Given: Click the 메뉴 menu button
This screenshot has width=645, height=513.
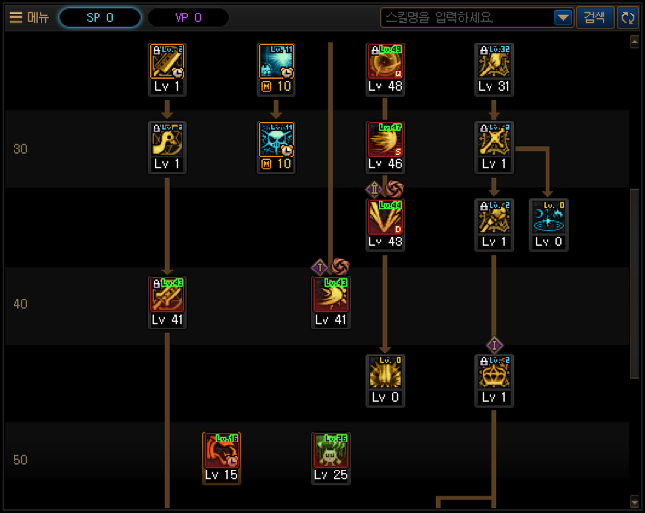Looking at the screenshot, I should click(x=29, y=17).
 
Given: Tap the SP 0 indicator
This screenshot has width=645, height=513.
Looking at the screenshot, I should click(x=99, y=17).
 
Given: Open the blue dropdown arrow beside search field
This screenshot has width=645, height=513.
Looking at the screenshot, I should click(x=563, y=17).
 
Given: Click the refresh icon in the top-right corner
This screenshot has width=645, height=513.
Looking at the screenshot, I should click(x=627, y=17).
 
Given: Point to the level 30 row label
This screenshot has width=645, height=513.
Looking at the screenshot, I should click(x=20, y=149).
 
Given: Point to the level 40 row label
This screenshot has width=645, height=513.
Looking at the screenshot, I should click(x=20, y=304).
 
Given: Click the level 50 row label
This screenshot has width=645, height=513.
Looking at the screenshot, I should click(x=20, y=459).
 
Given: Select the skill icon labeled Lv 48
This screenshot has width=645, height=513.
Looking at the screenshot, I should click(x=385, y=63).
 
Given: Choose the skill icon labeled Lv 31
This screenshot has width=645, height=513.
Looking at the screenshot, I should click(x=493, y=63).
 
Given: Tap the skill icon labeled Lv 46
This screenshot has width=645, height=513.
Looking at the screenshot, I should click(x=385, y=141).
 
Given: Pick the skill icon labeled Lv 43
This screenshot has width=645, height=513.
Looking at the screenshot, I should click(x=385, y=219).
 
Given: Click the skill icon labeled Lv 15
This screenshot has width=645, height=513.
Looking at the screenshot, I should click(x=221, y=452).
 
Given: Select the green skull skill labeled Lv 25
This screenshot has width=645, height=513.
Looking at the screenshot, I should click(x=330, y=452).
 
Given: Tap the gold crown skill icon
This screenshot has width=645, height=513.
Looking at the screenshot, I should click(x=493, y=374).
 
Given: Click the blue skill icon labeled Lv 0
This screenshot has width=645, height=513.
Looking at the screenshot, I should click(x=548, y=219).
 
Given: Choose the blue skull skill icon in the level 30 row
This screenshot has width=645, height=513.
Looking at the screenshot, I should click(x=276, y=141).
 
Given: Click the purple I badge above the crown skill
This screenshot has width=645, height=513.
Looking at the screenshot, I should click(x=494, y=345).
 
